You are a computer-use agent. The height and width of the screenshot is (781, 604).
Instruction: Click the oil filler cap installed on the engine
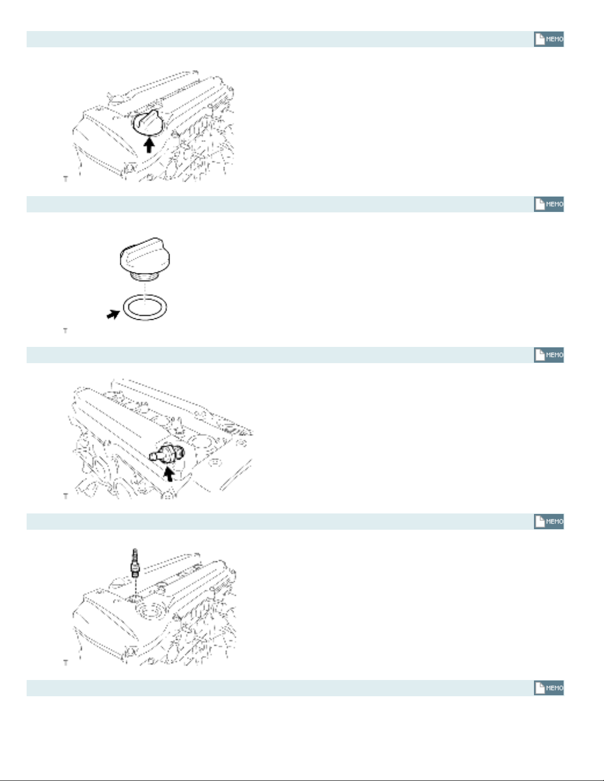[148, 123]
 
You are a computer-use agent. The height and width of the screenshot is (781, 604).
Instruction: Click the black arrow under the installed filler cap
[149, 145]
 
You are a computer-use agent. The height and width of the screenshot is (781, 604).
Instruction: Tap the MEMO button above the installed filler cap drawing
[549, 39]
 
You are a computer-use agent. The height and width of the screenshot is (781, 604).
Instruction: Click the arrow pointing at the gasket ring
[113, 314]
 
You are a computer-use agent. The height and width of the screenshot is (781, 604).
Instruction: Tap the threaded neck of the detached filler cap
[144, 276]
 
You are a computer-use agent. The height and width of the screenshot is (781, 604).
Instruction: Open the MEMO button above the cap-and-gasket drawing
[549, 204]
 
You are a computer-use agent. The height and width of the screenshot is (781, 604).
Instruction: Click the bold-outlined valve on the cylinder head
[167, 454]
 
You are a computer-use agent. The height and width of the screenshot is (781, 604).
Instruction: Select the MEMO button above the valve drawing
[549, 355]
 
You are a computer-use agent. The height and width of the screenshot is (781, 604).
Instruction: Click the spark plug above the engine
[135, 563]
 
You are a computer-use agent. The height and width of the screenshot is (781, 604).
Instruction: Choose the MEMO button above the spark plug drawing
[549, 521]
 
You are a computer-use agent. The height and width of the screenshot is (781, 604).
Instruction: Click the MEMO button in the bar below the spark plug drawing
[549, 688]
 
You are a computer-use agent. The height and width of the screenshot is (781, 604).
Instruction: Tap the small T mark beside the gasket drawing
[65, 330]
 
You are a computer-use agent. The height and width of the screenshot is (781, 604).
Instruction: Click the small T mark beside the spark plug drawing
[66, 662]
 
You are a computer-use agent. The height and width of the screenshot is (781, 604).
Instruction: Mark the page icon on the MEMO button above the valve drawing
[539, 355]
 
